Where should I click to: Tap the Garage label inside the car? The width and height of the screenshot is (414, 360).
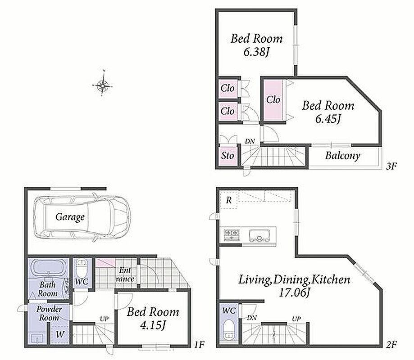70,217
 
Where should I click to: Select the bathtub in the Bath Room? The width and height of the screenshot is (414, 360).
49,268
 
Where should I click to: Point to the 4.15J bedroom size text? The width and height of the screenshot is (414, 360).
153,325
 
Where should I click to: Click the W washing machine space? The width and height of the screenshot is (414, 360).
60,334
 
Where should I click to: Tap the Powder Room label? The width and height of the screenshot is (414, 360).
49,313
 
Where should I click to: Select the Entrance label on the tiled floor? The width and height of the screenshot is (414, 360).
125,274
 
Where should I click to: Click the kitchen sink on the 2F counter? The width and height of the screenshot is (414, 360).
259,235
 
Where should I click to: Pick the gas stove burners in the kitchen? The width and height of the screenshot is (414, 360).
232,235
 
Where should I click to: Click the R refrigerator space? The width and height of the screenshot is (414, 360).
229,200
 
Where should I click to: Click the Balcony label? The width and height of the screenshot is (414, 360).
342,156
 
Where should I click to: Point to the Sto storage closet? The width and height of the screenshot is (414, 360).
227,156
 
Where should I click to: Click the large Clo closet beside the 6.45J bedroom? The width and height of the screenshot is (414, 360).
273,100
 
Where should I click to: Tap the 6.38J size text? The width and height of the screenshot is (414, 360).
256,52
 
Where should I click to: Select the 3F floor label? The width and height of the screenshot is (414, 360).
391,166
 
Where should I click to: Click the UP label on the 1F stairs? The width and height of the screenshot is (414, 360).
104,319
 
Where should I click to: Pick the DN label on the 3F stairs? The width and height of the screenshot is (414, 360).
250,141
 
